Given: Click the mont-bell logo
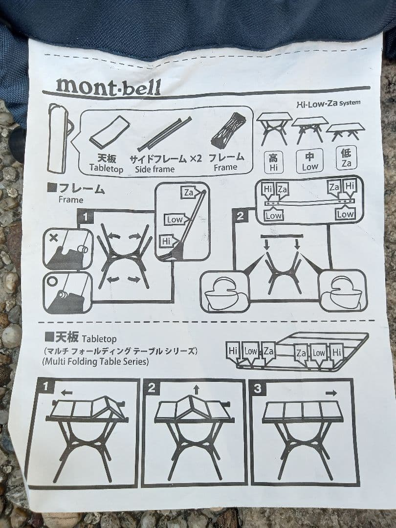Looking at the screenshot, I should point(108,86).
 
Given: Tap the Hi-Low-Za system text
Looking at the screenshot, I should point(328,103).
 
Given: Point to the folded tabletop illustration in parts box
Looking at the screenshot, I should point(110,132).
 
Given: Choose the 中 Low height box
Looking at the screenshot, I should point(309,161).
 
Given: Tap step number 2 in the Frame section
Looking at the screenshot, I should point(240,216).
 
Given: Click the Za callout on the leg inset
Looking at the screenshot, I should point(188,193).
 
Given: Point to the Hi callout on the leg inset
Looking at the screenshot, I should point(167,241).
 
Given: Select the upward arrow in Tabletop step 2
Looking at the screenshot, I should point(196,390).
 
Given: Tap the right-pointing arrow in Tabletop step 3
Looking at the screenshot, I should point(331,392).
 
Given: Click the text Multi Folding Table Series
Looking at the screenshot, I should point(95,362).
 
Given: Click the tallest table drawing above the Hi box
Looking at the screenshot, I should point(274,127).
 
